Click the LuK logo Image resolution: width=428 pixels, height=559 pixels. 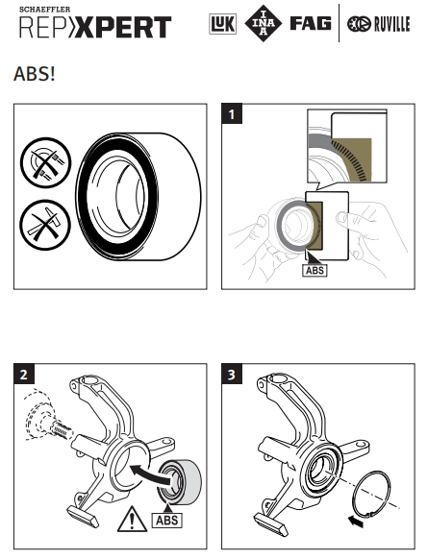[222, 24]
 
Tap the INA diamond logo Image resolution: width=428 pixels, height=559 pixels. [264, 23]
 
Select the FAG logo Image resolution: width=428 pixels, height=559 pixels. [311, 23]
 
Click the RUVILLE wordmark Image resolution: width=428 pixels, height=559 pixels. [391, 24]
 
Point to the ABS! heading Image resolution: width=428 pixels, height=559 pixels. [35, 74]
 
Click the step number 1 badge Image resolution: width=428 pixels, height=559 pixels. [232, 113]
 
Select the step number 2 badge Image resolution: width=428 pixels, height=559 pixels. [24, 374]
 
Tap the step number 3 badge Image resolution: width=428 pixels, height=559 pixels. [232, 374]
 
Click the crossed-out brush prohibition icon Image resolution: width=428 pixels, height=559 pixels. [45, 162]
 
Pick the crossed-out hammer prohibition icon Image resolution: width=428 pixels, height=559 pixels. [45, 225]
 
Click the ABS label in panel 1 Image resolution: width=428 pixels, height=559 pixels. [315, 270]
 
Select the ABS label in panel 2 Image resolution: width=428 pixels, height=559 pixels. [166, 521]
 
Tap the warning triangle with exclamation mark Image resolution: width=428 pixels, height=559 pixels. [132, 520]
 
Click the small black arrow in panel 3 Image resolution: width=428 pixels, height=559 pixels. [356, 522]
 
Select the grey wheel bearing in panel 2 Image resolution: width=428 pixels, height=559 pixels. [179, 482]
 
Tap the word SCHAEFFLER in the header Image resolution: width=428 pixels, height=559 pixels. [44, 10]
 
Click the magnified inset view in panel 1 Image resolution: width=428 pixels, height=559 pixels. [347, 146]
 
